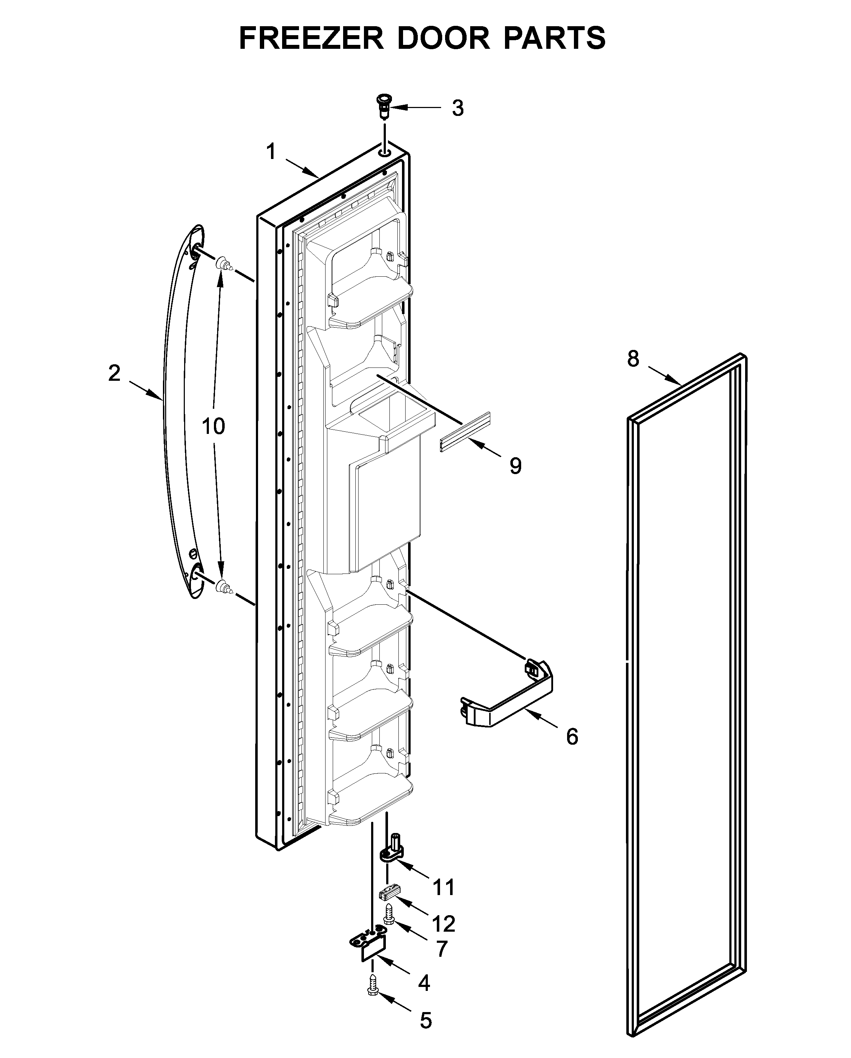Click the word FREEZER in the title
[311, 38]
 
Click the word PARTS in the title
[554, 38]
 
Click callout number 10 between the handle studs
[214, 426]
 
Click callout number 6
[572, 736]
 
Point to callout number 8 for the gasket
[633, 359]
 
